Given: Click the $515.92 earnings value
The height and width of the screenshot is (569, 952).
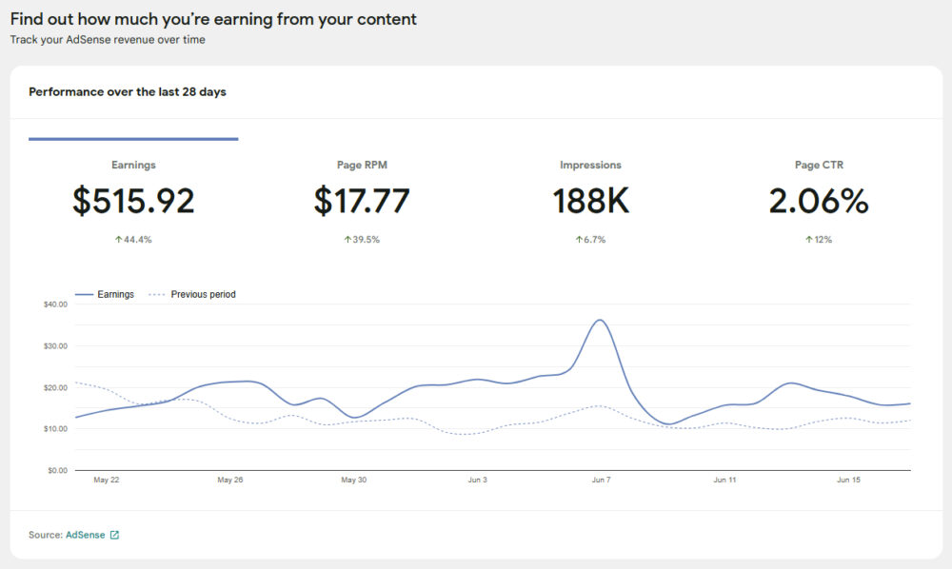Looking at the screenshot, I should [133, 201].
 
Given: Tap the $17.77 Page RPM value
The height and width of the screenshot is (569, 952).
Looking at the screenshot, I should [362, 201].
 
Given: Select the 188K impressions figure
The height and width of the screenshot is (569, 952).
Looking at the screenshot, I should [590, 201].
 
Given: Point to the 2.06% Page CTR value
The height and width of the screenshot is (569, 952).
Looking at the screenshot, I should [819, 201].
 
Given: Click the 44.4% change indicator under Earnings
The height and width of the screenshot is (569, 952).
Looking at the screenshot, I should [133, 240].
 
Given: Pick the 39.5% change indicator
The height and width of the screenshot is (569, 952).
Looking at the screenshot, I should [362, 240].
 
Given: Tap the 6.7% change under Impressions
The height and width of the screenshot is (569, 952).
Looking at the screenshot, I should [590, 240].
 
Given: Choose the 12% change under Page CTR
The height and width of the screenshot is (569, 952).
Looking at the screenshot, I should [819, 240].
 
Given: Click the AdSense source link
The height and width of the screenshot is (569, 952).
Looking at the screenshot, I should [85, 535].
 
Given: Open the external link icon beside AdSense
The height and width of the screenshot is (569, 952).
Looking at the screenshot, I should [114, 535].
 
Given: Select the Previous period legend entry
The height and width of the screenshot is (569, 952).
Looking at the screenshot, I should [203, 295].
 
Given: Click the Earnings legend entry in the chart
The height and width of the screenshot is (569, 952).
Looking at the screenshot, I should [115, 295].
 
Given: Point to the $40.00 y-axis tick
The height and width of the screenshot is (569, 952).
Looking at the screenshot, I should [55, 304].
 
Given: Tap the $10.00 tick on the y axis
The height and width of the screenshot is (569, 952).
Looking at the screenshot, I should [55, 429].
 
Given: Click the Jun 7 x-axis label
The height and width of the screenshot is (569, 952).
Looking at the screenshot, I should [601, 481].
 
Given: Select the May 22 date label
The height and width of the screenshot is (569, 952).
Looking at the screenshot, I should [107, 481].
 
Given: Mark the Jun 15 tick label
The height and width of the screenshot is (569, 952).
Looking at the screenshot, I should [848, 481].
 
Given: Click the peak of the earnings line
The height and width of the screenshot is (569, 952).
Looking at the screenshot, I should [599, 320].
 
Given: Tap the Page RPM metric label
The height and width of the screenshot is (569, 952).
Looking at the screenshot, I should [362, 165].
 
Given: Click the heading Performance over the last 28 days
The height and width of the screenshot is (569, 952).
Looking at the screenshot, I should [128, 92].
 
